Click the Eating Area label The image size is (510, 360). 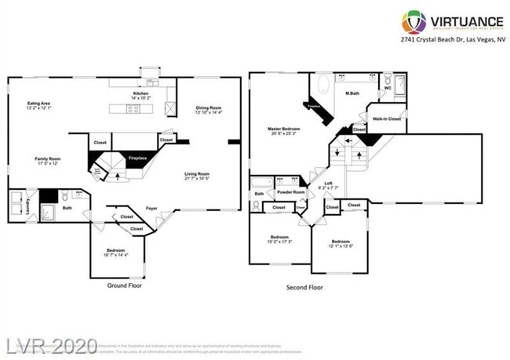40,105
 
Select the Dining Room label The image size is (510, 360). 209,110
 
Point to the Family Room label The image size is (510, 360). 48,161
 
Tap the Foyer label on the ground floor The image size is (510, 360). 151,208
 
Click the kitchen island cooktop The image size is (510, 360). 133,109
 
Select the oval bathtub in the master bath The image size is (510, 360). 324,84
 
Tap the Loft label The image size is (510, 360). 329,185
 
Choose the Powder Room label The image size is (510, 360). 291,191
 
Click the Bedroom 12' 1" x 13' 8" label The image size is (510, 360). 340,244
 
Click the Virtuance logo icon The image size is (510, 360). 413,21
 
